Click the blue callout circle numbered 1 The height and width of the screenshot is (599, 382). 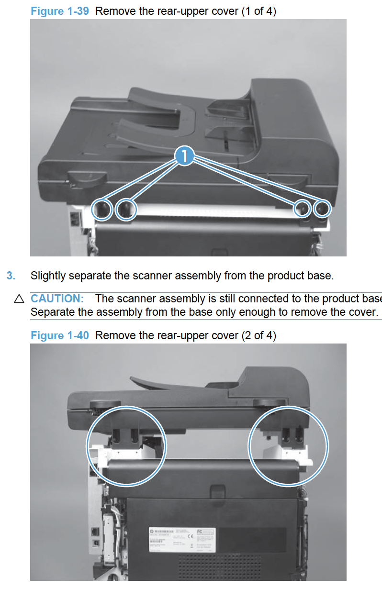pyautogui.click(x=185, y=156)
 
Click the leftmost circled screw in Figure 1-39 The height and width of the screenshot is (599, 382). pyautogui.click(x=101, y=209)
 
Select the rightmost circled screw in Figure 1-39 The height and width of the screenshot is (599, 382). pyautogui.click(x=322, y=209)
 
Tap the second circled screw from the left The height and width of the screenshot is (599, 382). pyautogui.click(x=126, y=209)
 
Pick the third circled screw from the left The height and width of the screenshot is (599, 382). pyautogui.click(x=302, y=209)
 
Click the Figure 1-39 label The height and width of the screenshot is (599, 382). pyautogui.click(x=59, y=11)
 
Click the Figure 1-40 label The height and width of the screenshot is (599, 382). pyautogui.click(x=59, y=335)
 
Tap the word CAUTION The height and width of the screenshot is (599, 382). pyautogui.click(x=57, y=299)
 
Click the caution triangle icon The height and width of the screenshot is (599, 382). pyautogui.click(x=19, y=299)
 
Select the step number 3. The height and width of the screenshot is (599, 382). pyautogui.click(x=11, y=276)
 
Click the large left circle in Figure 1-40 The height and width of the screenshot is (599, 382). pyautogui.click(x=126, y=446)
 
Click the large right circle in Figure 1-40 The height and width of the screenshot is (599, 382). pyautogui.click(x=288, y=446)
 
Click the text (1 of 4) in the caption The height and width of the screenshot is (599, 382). pyautogui.click(x=258, y=11)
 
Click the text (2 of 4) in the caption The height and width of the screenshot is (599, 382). pyautogui.click(x=258, y=335)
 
